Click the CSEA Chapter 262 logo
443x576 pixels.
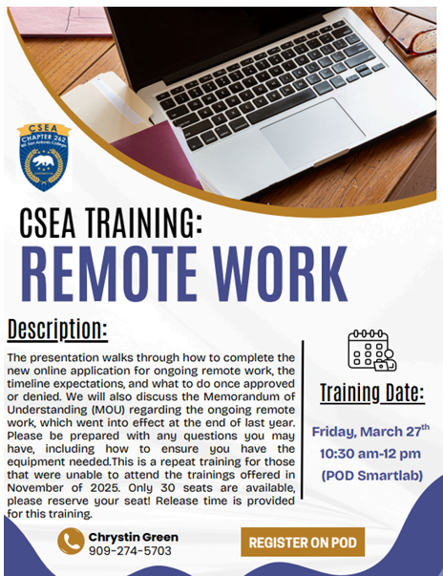pyautogui.click(x=44, y=156)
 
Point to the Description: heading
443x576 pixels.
pyautogui.click(x=57, y=330)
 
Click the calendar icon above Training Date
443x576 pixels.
pyautogui.click(x=370, y=350)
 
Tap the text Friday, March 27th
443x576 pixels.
pyautogui.click(x=370, y=431)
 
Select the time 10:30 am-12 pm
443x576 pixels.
pyautogui.click(x=371, y=452)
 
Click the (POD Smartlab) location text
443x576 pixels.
pyautogui.click(x=371, y=474)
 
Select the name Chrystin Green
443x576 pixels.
pyautogui.click(x=133, y=537)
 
